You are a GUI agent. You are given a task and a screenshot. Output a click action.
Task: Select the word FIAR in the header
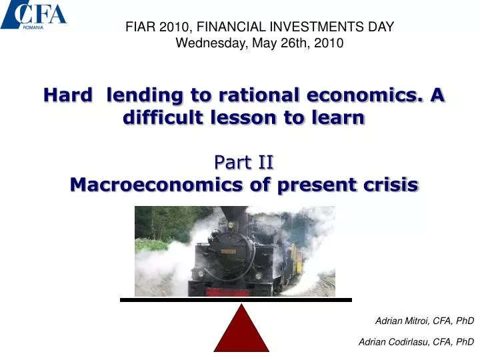(141, 27)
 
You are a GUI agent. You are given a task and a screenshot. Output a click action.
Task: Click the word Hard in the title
(67, 95)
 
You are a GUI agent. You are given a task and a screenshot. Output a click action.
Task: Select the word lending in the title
(144, 95)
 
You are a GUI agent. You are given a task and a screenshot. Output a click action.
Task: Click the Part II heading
(244, 162)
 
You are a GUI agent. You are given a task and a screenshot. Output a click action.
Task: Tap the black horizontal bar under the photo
(235, 300)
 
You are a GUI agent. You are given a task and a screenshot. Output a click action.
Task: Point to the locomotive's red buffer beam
(227, 292)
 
